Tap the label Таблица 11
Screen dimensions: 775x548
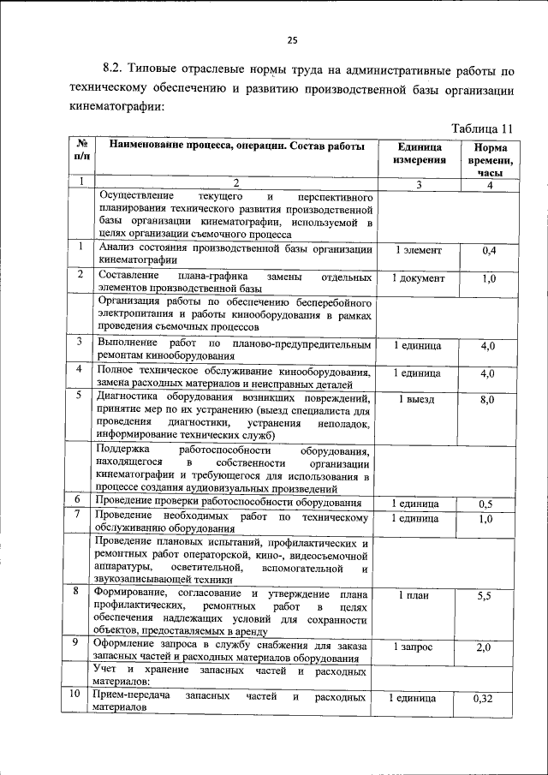click(x=481, y=128)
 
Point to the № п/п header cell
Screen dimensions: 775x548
click(x=81, y=152)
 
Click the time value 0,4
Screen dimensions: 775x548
click(x=489, y=250)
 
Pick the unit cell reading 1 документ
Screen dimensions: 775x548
click(x=419, y=278)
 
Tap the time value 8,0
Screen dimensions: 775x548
click(x=488, y=400)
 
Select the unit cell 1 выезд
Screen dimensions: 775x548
click(x=419, y=400)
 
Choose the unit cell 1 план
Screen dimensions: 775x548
click(x=419, y=595)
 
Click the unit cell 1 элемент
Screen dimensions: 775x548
click(x=419, y=250)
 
